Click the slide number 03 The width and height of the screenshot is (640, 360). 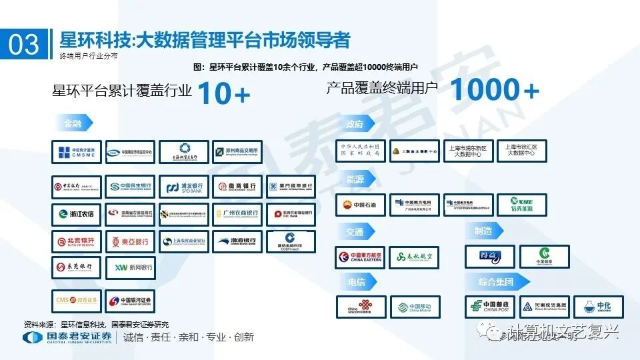click(24, 44)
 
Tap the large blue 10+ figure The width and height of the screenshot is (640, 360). click(224, 93)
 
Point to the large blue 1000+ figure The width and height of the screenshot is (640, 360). click(494, 90)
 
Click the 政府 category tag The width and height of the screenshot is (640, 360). click(356, 125)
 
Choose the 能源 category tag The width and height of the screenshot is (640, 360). click(356, 179)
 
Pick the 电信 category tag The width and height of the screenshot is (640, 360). click(356, 283)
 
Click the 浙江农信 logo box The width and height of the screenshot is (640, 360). click(77, 215)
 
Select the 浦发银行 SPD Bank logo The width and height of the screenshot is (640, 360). click(184, 187)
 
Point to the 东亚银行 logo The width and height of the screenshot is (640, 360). click(131, 241)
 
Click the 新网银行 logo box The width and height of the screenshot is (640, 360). click(131, 267)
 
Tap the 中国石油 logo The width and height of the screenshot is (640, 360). click(361, 205)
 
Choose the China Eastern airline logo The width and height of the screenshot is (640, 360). click(361, 257)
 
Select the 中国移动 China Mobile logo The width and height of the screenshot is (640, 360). click(415, 307)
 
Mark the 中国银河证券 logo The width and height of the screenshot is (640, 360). click(131, 301)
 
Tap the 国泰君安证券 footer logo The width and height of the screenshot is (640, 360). click(67, 337)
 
